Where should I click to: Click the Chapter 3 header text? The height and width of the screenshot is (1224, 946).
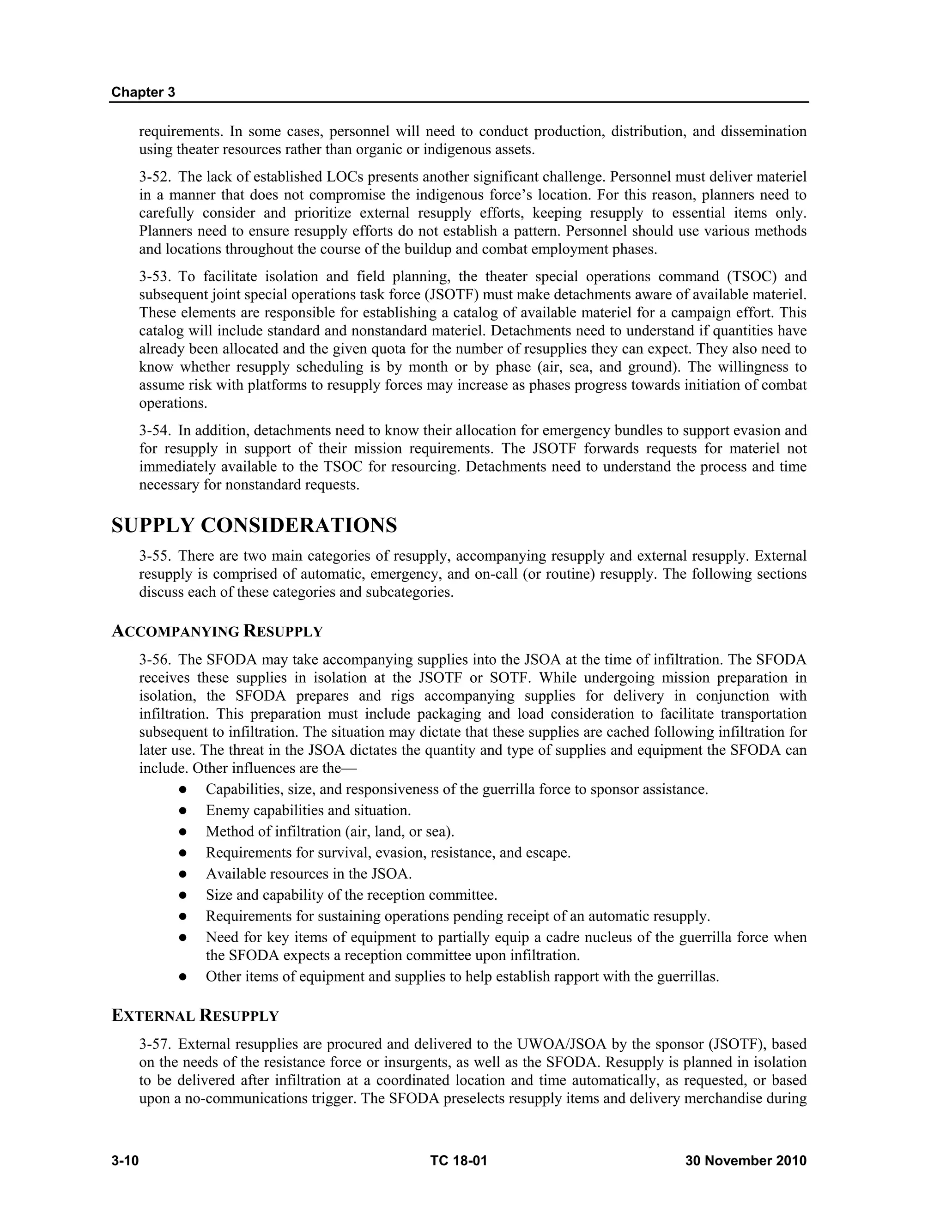(x=143, y=92)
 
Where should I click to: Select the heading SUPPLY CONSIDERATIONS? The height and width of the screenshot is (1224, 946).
(x=254, y=526)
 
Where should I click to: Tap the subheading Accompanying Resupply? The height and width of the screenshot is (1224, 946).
(x=217, y=631)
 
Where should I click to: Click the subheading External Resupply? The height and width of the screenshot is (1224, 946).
(x=195, y=1016)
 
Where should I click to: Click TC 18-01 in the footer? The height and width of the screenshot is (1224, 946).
(x=458, y=1161)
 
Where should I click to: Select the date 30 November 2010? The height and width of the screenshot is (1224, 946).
(x=746, y=1161)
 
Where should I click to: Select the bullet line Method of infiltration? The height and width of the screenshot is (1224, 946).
(x=329, y=832)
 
